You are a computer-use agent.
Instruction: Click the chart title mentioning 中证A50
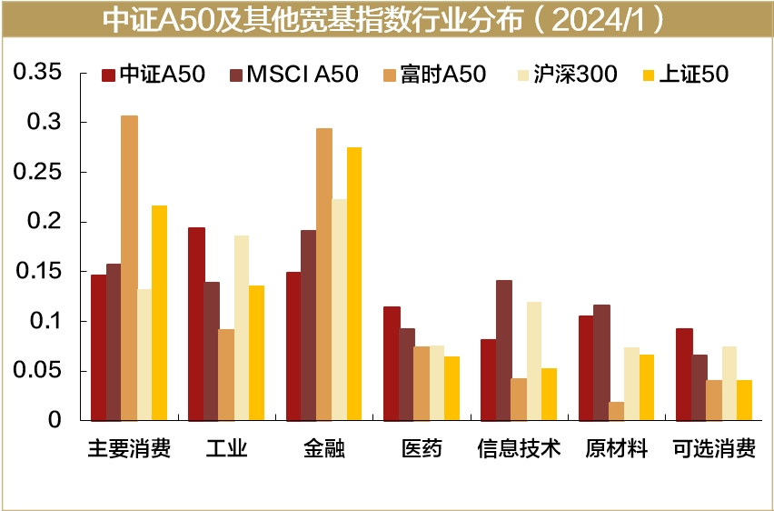point(386,19)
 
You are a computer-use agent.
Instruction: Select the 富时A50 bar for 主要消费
point(129,267)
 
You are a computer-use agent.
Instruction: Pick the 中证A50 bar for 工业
point(196,324)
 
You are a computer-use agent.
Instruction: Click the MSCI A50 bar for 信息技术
point(503,350)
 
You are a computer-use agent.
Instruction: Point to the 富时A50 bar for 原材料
point(617,411)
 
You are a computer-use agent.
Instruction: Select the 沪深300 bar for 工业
point(242,327)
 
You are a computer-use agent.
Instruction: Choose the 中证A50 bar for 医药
point(392,364)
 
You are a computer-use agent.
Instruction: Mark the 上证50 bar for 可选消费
point(745,400)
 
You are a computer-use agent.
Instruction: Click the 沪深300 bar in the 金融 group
point(339,309)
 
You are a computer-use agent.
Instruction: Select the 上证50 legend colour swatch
point(649,75)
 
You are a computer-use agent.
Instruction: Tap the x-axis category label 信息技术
point(519,449)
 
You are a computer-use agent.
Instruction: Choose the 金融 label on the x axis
point(324,449)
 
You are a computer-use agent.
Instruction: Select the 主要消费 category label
point(129,449)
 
